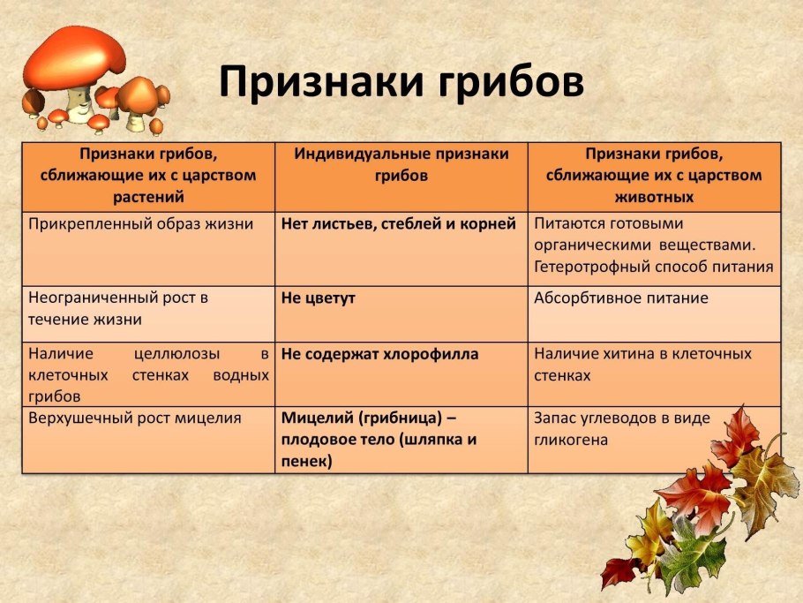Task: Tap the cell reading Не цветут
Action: [x=319, y=298]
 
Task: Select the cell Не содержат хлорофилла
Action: [x=380, y=354]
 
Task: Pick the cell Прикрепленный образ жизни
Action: [x=140, y=224]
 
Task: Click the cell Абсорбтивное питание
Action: [x=621, y=298]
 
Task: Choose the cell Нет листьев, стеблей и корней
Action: [x=399, y=224]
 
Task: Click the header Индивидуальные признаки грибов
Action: [x=401, y=164]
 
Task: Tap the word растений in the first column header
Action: [x=148, y=196]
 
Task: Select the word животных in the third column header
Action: [x=653, y=196]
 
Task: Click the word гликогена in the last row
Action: [x=571, y=440]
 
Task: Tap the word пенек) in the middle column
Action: [x=307, y=461]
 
